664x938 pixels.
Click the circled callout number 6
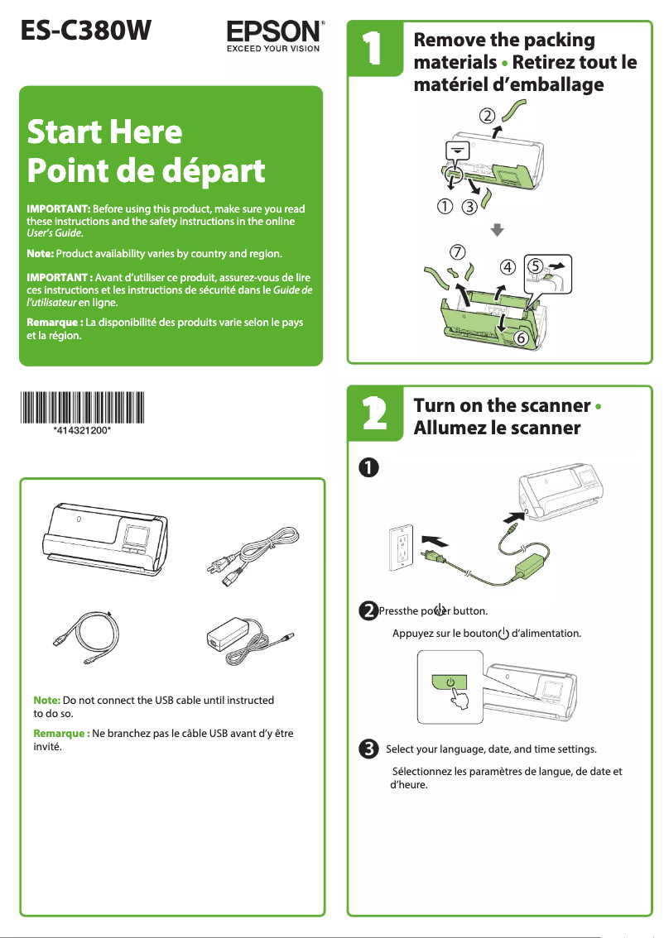pos(521,338)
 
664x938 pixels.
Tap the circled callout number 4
pos(507,267)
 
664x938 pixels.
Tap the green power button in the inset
pos(450,682)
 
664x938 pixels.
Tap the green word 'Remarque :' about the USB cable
pos(61,733)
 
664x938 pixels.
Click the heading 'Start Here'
pos(104,132)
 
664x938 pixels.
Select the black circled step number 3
pos(368,749)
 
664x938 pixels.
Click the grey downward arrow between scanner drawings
pos(497,229)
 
